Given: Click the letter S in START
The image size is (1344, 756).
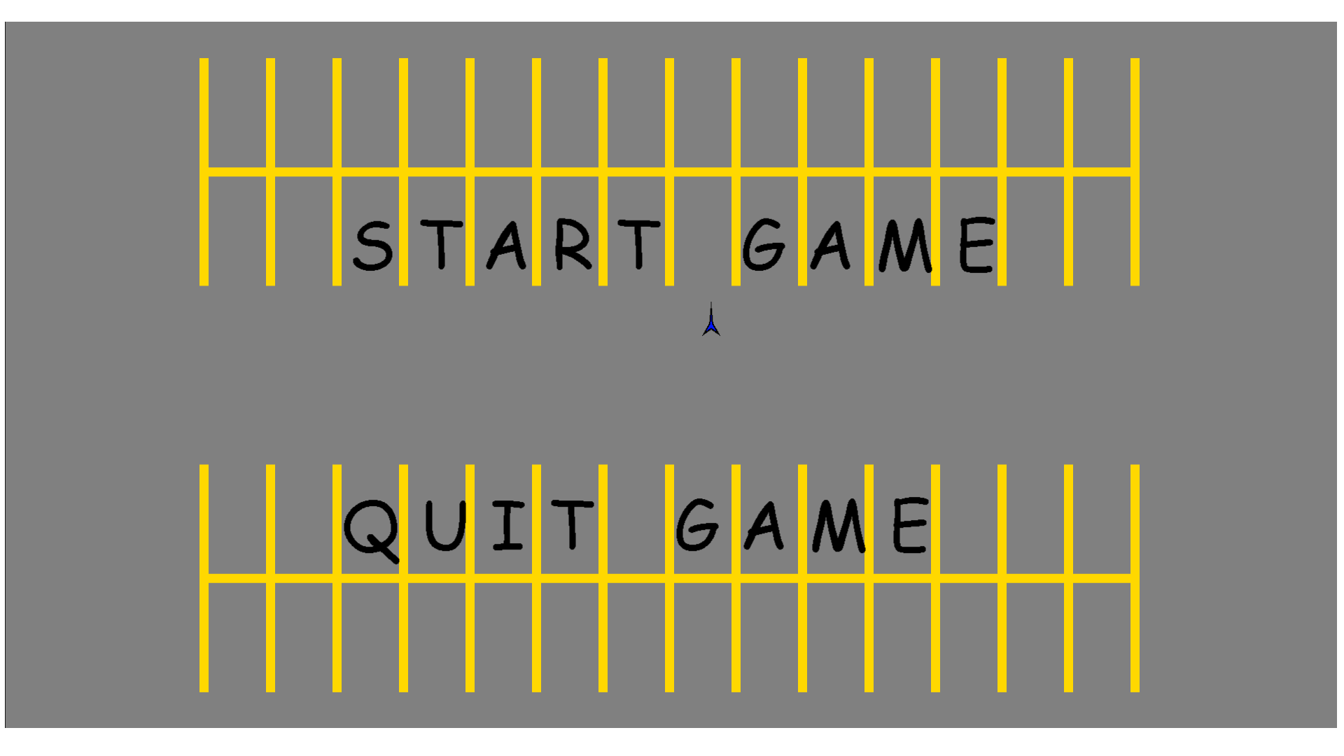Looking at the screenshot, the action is pyautogui.click(x=373, y=246).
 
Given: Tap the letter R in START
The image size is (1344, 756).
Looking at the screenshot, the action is pyautogui.click(x=573, y=244).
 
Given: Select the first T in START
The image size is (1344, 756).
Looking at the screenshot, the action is pyautogui.click(x=442, y=244).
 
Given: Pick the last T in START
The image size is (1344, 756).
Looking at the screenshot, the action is pyautogui.click(x=639, y=244).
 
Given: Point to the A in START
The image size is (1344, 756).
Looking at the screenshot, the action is pyautogui.click(x=507, y=246).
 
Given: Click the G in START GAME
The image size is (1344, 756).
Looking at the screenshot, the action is pyautogui.click(x=763, y=244).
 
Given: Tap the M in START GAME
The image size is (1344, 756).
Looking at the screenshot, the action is pyautogui.click(x=906, y=245).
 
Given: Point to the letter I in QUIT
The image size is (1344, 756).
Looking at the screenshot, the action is pyautogui.click(x=508, y=525).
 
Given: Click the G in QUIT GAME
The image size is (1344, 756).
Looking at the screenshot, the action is pyautogui.click(x=697, y=525).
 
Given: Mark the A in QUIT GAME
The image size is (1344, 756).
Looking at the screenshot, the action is pyautogui.click(x=764, y=526).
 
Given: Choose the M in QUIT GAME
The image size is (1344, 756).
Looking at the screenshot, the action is pyautogui.click(x=839, y=526).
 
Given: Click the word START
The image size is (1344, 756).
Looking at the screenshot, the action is pyautogui.click(x=507, y=245).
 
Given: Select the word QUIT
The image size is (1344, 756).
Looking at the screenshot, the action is pyautogui.click(x=469, y=531).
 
